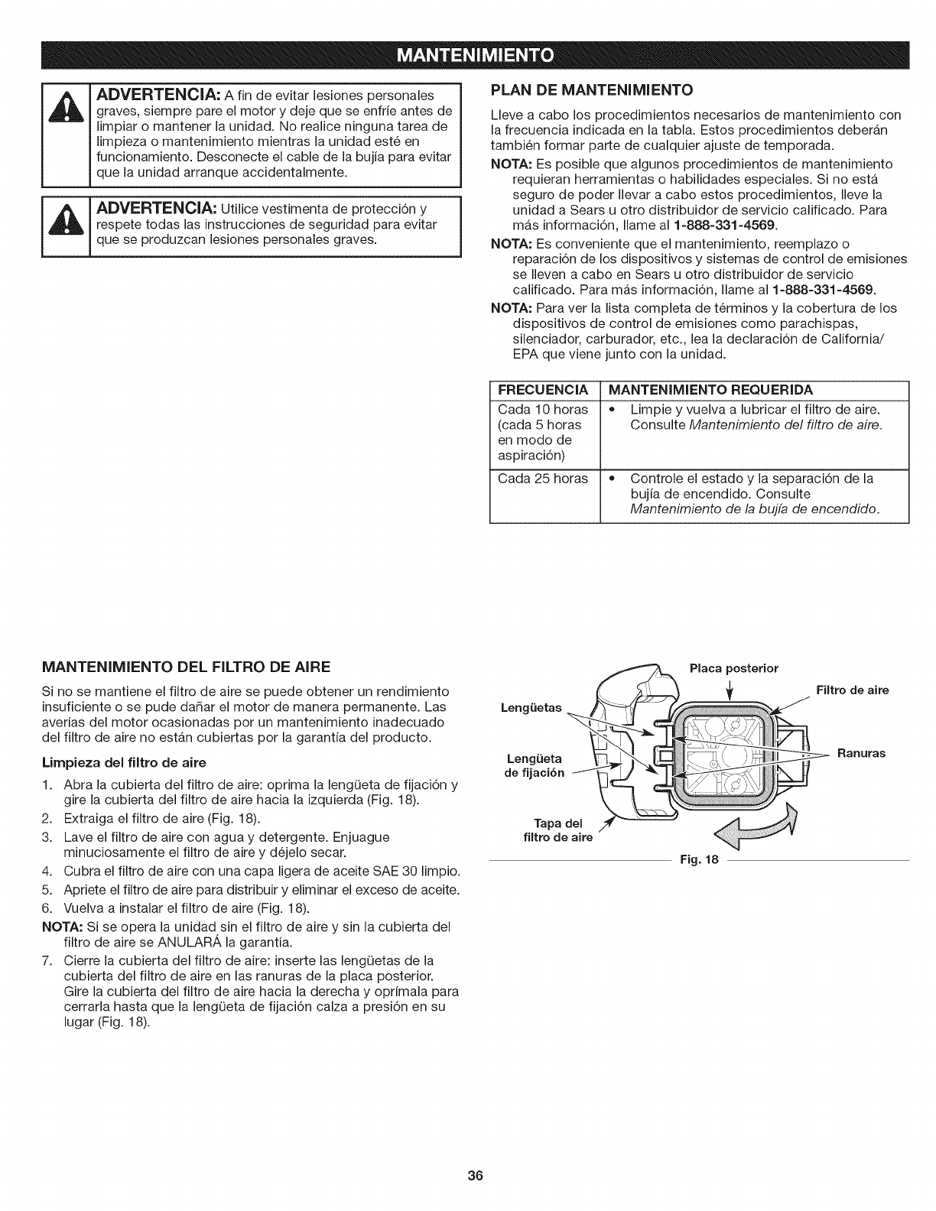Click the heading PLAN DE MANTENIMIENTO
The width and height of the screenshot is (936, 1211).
coord(591,90)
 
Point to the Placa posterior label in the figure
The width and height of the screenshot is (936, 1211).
coord(733,668)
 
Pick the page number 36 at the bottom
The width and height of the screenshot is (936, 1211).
coord(468,1176)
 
